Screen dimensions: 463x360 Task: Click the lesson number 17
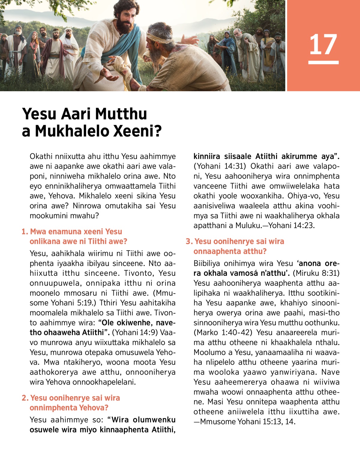tap(323, 44)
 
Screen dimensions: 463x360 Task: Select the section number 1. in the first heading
tap(25, 232)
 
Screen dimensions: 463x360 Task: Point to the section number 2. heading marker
tap(25, 398)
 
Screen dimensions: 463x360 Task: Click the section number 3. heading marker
tap(189, 242)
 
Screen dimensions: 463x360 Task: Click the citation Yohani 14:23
tap(291, 226)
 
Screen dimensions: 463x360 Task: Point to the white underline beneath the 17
tap(323, 62)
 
